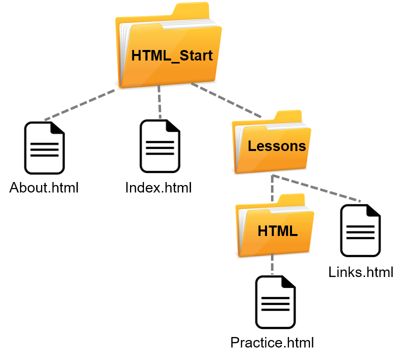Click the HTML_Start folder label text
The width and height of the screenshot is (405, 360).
(172, 55)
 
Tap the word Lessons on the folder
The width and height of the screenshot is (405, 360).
(276, 146)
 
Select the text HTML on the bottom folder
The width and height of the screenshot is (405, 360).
(277, 231)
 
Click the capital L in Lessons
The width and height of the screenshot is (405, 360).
(252, 146)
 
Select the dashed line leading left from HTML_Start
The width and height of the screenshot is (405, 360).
(80, 105)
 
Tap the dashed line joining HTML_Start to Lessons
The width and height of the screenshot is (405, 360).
(225, 100)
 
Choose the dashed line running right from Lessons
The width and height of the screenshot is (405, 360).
(320, 189)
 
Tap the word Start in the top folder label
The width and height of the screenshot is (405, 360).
(196, 55)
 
